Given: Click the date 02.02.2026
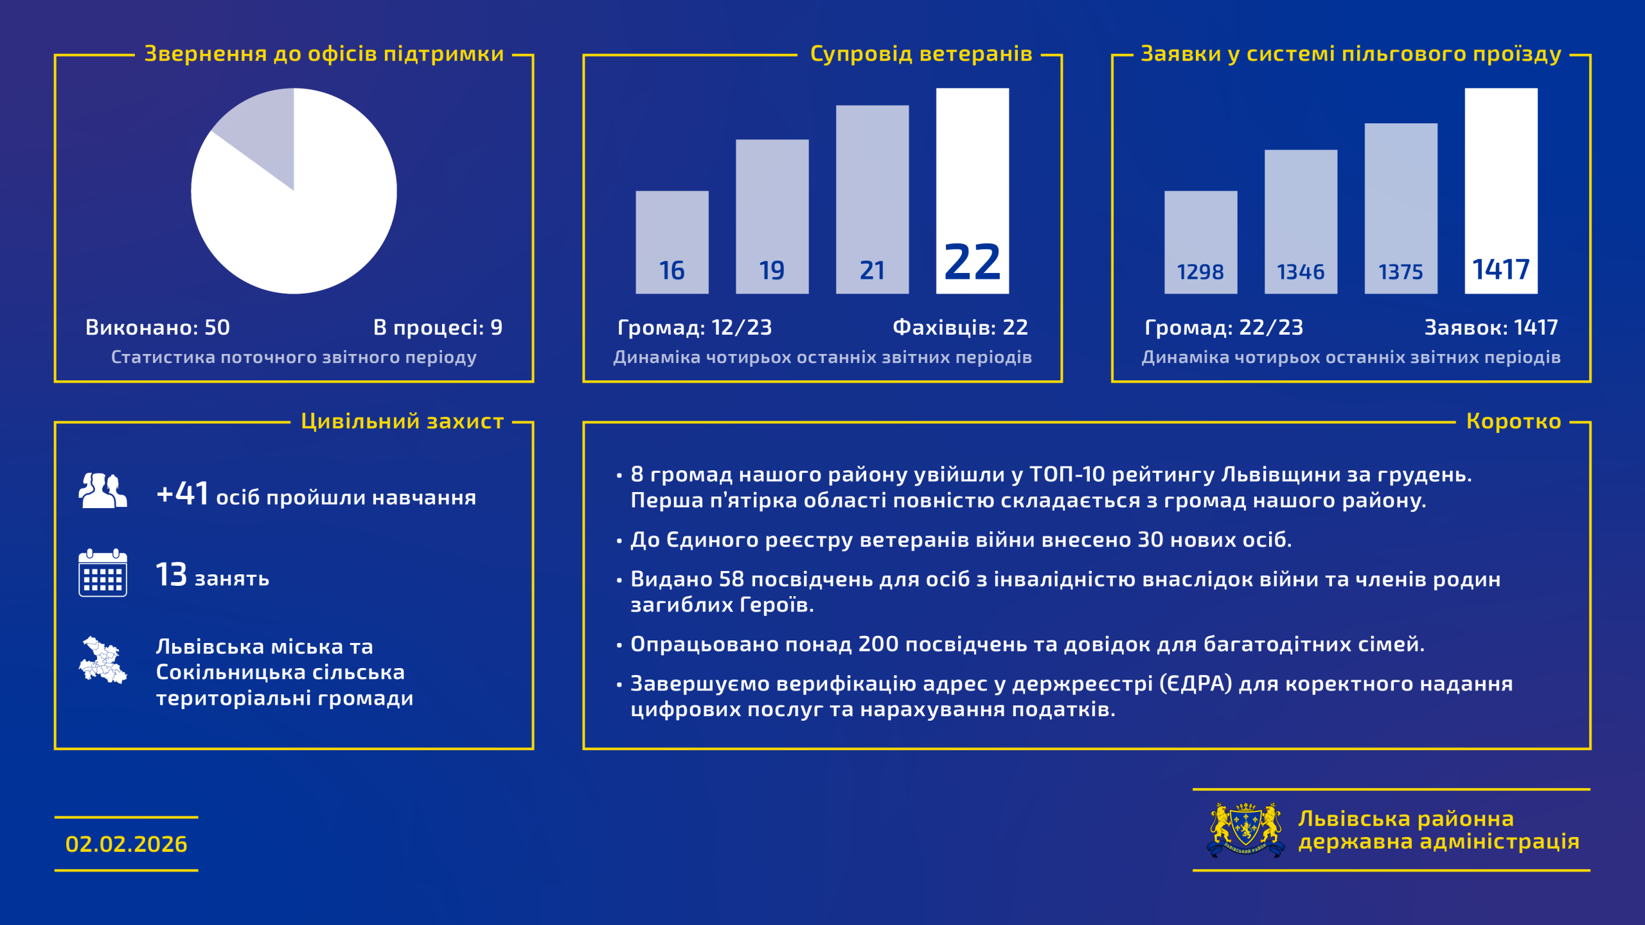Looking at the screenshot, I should click(x=127, y=844).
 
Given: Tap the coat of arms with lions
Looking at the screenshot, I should click(x=1245, y=829).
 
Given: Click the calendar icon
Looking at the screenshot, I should click(x=103, y=573).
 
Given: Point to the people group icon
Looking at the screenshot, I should click(x=103, y=491).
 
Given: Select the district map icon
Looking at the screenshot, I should click(x=103, y=660).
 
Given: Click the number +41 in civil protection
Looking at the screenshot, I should click(x=182, y=494).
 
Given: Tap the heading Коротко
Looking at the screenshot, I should click(x=1513, y=421).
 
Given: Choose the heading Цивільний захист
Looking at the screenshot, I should click(x=402, y=421).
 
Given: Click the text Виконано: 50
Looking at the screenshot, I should click(x=157, y=328).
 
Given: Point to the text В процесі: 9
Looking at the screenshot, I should click(x=438, y=328).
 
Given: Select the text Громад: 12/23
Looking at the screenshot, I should click(x=695, y=328).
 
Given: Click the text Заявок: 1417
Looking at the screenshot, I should click(x=1491, y=328).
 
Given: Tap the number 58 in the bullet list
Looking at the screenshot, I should click(x=731, y=579).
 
